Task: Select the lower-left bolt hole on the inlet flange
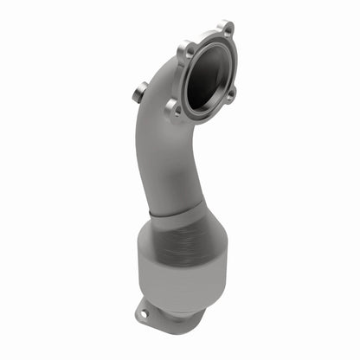point(175,108)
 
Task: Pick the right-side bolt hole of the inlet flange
point(230,94)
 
